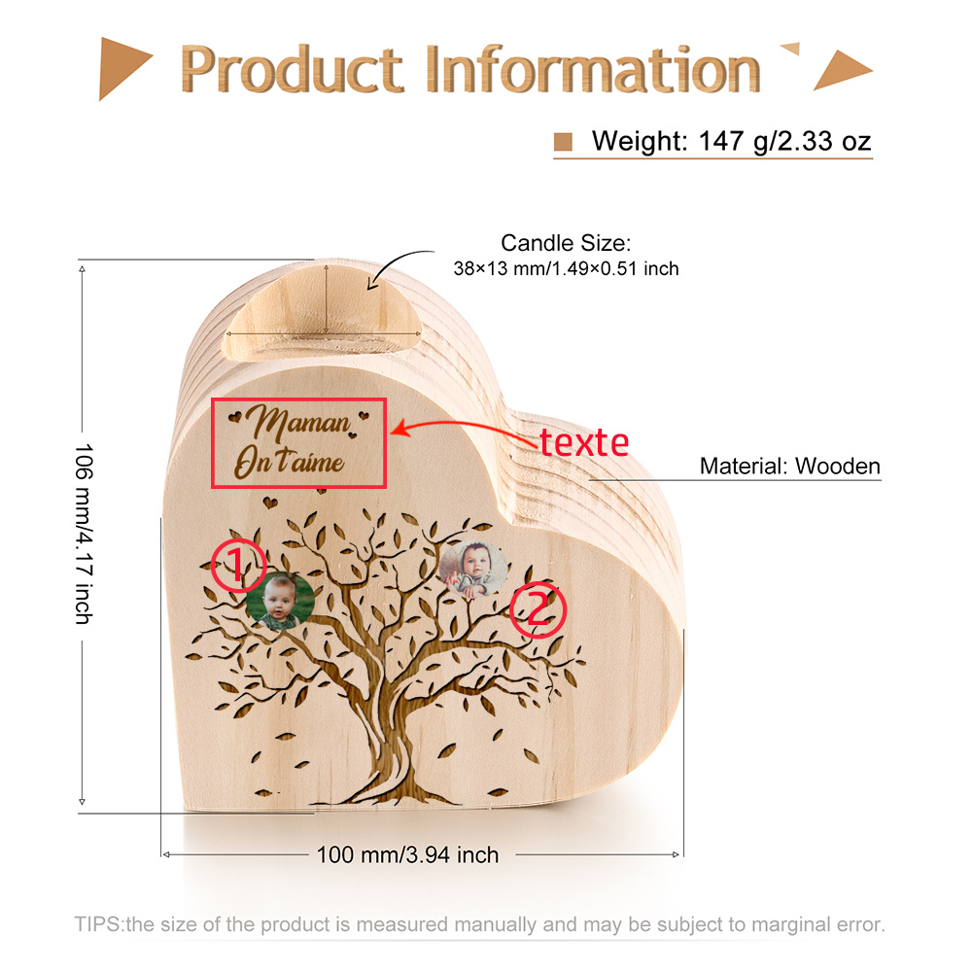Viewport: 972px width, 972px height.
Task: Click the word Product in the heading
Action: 292,69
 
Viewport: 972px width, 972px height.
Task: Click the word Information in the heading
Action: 593,69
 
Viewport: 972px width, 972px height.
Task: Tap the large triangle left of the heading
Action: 122,68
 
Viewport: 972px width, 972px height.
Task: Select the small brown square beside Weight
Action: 563,142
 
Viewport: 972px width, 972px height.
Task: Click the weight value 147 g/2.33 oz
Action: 784,141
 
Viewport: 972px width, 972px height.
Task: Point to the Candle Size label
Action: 566,243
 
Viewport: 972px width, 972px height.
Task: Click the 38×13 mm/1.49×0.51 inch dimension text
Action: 566,268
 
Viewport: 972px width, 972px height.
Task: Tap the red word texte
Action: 584,442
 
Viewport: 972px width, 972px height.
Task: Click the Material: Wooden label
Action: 789,466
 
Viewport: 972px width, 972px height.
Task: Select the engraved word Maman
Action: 298,422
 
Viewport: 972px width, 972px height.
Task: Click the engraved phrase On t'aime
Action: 289,462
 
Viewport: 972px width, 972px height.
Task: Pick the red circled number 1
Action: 239,566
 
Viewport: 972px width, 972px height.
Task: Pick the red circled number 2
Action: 538,609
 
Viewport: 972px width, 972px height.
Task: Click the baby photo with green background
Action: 280,601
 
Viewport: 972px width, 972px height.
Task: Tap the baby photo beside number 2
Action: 473,569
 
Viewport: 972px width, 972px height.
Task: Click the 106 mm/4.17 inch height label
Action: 84,534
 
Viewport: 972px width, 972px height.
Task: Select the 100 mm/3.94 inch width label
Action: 408,854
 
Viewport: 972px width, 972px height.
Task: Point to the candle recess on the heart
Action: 323,313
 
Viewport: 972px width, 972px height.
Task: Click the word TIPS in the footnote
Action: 99,924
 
